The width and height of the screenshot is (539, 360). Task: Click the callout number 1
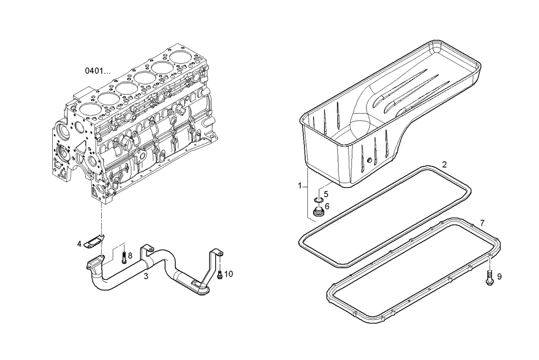pyautogui.click(x=300, y=185)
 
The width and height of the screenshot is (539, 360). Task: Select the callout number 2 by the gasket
pyautogui.click(x=444, y=164)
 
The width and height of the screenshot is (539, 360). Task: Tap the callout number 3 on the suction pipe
pyautogui.click(x=146, y=277)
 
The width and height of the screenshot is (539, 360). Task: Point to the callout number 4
pyautogui.click(x=79, y=244)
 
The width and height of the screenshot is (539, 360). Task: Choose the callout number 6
pyautogui.click(x=327, y=206)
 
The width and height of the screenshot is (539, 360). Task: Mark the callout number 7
pyautogui.click(x=482, y=223)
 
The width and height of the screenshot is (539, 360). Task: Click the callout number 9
pyautogui.click(x=499, y=276)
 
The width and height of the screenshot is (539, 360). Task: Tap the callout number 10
pyautogui.click(x=229, y=274)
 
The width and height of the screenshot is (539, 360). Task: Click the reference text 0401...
pyautogui.click(x=99, y=71)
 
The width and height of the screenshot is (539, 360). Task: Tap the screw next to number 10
pyautogui.click(x=219, y=275)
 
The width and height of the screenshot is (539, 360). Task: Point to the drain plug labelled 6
pyautogui.click(x=317, y=212)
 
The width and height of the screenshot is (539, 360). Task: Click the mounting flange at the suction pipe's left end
pyautogui.click(x=92, y=266)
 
